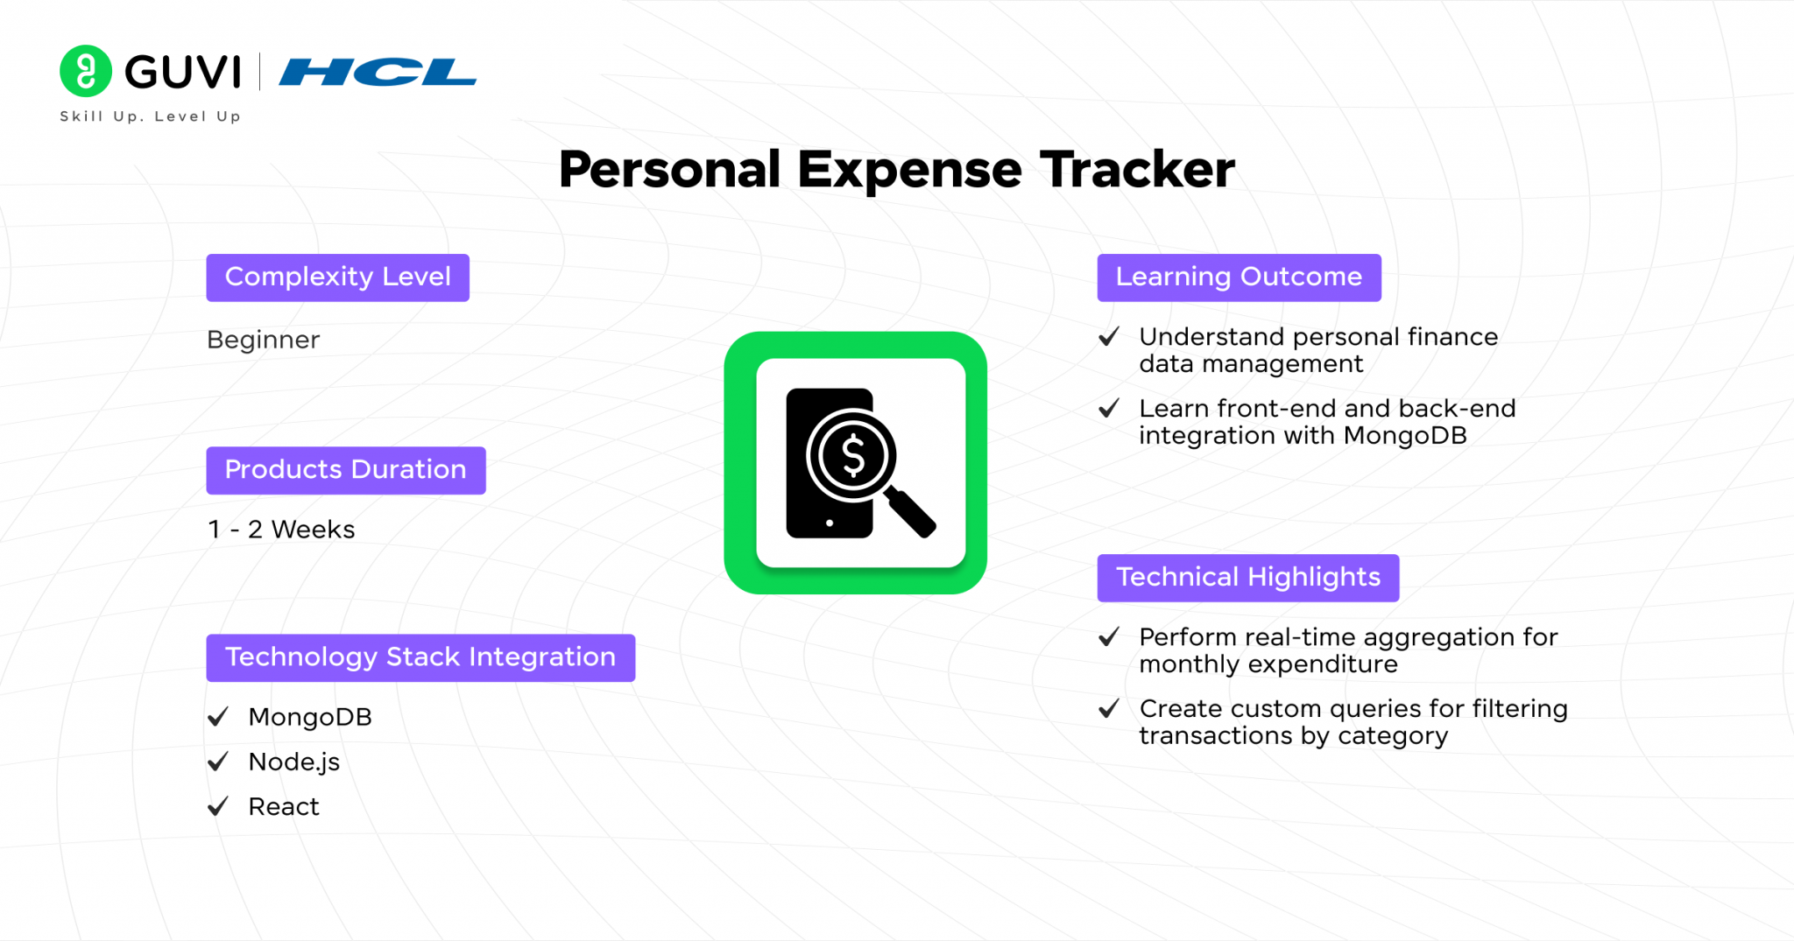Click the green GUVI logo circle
point(86,71)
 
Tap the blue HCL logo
point(378,72)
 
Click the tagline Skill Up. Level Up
point(150,116)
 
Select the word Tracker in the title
point(1137,169)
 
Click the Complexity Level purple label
point(338,277)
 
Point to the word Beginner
point(264,340)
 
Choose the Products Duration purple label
point(346,470)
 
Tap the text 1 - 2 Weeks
point(281,530)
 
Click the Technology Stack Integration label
point(420,657)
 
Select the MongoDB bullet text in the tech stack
point(310,717)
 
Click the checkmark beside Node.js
point(218,762)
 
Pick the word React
point(284,806)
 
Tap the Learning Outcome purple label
point(1240,277)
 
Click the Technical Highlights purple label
point(1248,578)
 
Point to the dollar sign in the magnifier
point(852,456)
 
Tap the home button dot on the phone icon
point(830,523)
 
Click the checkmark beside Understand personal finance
point(1109,336)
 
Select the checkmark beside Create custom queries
point(1109,708)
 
